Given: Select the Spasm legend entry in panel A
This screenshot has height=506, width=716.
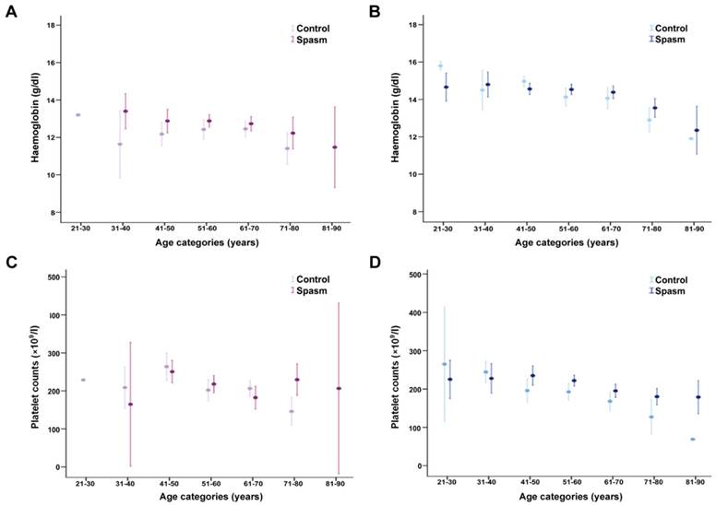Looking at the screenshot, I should [311, 41].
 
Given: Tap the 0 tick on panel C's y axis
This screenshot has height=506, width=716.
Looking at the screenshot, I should [53, 467].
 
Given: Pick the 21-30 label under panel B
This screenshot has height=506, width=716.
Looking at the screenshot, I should [445, 226].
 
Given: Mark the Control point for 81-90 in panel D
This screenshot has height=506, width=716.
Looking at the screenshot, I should [692, 440].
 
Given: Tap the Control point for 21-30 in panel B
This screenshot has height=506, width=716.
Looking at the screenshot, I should [440, 66].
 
